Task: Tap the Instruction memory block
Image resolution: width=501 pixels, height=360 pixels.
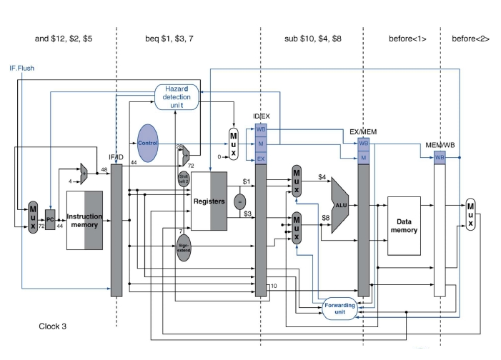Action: (x=85, y=221)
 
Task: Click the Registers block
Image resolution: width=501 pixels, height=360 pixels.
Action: (x=209, y=201)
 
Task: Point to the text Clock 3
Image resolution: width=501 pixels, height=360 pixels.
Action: (x=54, y=326)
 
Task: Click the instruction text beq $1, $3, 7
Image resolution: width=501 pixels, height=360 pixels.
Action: (x=187, y=38)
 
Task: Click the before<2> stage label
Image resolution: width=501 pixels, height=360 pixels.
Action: (x=470, y=38)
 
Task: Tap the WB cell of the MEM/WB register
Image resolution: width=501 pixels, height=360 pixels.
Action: (x=440, y=156)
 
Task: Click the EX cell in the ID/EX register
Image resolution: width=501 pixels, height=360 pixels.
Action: (x=261, y=158)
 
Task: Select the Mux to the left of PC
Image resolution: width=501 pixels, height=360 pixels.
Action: (x=33, y=217)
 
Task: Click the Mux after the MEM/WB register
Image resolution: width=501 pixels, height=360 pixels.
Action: (x=470, y=214)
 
